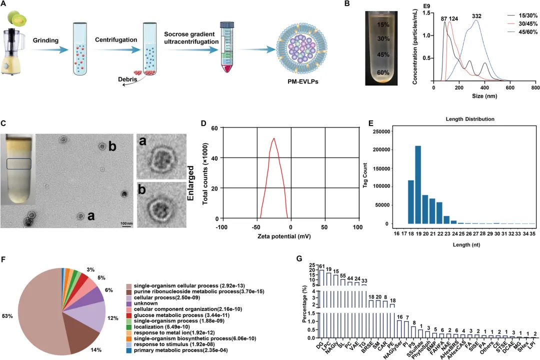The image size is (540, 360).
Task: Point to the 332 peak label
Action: click(476, 16)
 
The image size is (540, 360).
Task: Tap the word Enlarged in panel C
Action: click(190, 183)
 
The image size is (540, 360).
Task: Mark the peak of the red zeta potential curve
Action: click(274, 138)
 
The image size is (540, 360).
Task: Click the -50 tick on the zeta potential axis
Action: click(256, 227)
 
